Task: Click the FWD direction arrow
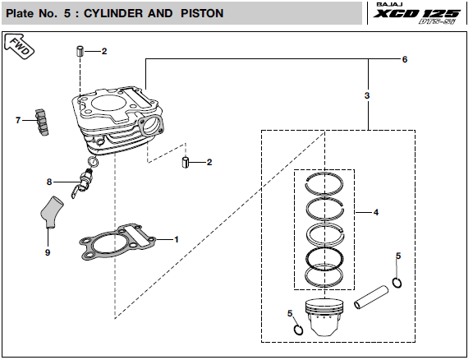[19, 47]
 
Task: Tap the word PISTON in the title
[202, 13]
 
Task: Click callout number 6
[405, 59]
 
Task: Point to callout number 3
[367, 95]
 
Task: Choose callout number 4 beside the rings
[376, 212]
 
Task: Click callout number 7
[18, 120]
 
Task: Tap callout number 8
[49, 182]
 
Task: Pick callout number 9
[48, 252]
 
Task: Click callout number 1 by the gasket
[177, 239]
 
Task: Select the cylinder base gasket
[117, 242]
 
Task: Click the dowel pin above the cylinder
[80, 51]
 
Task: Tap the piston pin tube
[371, 298]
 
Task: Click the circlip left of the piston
[299, 330]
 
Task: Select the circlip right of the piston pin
[397, 283]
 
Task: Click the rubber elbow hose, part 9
[51, 212]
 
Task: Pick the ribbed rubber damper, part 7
[42, 122]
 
